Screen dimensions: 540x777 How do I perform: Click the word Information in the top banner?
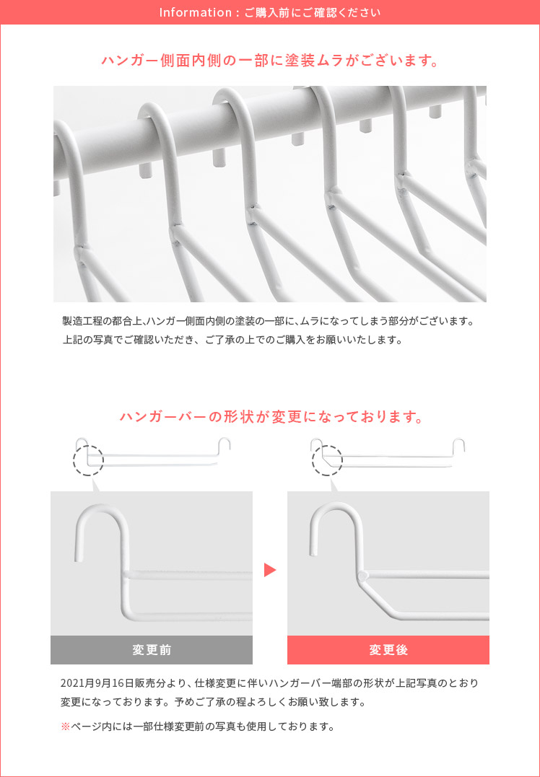point(196,12)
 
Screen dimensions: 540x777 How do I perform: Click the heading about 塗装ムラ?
point(270,61)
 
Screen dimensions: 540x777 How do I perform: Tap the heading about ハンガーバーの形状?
point(270,417)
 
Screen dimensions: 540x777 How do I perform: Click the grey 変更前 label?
point(152,649)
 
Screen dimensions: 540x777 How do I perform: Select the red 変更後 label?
point(388,649)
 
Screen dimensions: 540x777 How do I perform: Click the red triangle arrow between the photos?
point(270,570)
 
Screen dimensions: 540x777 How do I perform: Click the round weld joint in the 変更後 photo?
point(363,576)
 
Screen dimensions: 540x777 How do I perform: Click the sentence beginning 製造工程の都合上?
point(269,321)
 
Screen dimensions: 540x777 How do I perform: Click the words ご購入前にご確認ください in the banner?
point(313,12)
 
